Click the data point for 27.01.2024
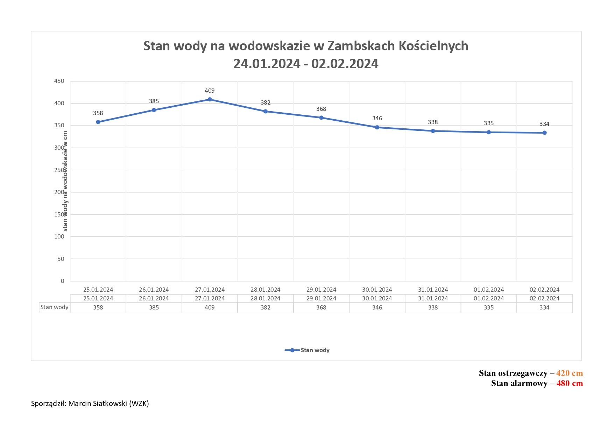[210, 100]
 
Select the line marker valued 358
[98, 122]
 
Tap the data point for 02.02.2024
[544, 133]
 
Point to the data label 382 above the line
[266, 103]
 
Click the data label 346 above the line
[377, 119]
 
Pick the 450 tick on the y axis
[59, 81]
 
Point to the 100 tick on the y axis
[59, 237]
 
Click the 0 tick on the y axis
[63, 281]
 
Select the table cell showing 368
[321, 308]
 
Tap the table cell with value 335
[489, 308]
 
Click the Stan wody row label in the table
[55, 307]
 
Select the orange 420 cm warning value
[569, 373]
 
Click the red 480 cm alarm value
[569, 384]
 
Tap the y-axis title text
[65, 181]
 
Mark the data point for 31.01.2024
[433, 131]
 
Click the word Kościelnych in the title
[433, 46]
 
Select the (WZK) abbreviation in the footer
[139, 404]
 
